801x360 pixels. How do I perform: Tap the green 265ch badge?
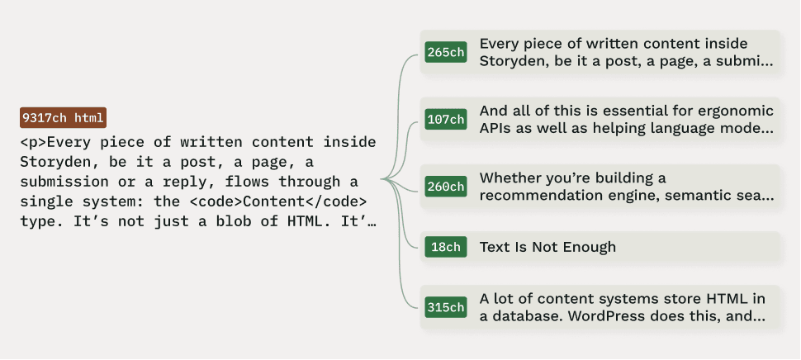pyautogui.click(x=446, y=53)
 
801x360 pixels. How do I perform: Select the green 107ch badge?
pyautogui.click(x=446, y=119)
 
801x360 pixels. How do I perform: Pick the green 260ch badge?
pyautogui.click(x=446, y=187)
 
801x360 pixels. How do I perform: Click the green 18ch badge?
pyautogui.click(x=446, y=247)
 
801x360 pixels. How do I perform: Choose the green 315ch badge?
pyautogui.click(x=446, y=307)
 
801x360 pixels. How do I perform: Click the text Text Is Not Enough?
pyautogui.click(x=547, y=247)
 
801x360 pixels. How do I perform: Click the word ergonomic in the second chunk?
pyautogui.click(x=733, y=111)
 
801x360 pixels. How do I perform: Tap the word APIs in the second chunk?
pyautogui.click(x=495, y=128)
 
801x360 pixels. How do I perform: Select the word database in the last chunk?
pyautogui.click(x=524, y=315)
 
